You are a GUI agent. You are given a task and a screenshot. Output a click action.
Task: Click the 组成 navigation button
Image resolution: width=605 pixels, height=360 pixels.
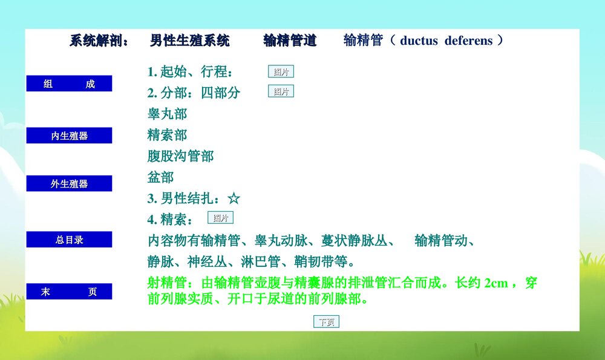[69, 83]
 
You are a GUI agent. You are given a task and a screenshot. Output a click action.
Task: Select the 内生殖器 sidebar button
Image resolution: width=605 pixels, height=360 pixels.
[69, 136]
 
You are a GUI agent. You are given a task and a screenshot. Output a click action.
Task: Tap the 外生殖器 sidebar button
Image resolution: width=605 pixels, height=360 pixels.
[69, 183]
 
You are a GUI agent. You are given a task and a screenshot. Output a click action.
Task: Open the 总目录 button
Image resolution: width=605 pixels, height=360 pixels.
[69, 240]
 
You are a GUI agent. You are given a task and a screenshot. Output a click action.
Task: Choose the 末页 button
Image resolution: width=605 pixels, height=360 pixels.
[69, 292]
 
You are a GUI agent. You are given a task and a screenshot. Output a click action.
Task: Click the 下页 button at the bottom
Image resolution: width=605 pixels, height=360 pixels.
[326, 322]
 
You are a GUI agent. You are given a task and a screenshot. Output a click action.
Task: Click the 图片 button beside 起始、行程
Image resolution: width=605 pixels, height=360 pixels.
[281, 72]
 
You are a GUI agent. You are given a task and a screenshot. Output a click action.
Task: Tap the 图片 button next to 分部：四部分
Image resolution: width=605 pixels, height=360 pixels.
[281, 91]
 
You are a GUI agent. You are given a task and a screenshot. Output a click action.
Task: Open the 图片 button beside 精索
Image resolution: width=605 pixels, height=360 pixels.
[220, 218]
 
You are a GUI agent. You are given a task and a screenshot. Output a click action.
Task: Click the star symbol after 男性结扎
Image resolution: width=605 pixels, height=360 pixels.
[234, 198]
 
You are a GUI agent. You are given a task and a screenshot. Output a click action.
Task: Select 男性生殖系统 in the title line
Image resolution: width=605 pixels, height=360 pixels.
[189, 41]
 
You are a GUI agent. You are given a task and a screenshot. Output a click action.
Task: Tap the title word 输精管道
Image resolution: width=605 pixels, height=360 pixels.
[290, 41]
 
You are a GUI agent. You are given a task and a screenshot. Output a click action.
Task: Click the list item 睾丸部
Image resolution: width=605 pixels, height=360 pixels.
[167, 114]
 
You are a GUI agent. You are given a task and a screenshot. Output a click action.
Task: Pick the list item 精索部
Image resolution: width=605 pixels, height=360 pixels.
[167, 135]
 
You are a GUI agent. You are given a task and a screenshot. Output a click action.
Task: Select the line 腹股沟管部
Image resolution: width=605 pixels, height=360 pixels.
[180, 156]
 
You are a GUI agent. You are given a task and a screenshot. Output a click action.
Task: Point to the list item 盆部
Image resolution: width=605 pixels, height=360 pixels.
[160, 177]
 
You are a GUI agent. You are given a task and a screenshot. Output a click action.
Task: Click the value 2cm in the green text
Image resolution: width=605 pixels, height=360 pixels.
[496, 283]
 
